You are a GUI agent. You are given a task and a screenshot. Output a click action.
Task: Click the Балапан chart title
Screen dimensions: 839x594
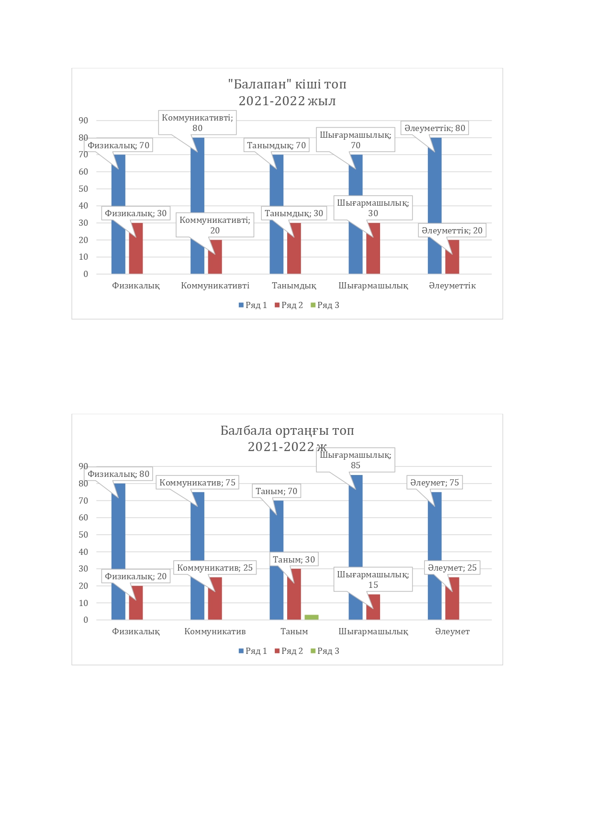287,92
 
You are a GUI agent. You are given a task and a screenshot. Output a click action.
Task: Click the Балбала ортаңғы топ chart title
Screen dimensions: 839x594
287,438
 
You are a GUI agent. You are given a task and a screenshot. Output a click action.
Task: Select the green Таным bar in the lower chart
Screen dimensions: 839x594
311,617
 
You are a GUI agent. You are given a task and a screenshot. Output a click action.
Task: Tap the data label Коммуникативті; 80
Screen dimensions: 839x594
197,122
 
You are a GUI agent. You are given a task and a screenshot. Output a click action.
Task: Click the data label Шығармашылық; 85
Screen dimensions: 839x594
355,460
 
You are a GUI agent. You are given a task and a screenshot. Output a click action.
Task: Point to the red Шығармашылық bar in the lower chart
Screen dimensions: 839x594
373,607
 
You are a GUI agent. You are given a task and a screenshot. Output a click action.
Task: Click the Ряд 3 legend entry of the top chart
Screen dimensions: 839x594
325,305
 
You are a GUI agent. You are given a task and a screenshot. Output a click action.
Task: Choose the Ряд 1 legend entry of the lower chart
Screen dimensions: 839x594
253,651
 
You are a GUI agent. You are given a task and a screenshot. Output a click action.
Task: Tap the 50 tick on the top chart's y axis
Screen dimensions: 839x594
84,189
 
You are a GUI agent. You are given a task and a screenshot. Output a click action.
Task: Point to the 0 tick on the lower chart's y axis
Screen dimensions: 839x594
86,620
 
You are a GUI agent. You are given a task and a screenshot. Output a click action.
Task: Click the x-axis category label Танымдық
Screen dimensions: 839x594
294,286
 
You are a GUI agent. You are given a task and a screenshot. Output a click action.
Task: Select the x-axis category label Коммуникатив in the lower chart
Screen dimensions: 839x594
215,631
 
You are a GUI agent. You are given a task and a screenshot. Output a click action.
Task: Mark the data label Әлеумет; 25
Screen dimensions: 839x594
452,568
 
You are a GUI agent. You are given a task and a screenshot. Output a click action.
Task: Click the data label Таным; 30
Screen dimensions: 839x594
294,560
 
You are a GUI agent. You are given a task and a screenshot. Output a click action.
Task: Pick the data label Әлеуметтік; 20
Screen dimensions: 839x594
452,231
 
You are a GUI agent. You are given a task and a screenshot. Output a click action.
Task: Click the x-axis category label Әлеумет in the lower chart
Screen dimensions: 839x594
452,631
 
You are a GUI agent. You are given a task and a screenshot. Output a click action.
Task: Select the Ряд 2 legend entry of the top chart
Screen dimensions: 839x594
289,305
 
